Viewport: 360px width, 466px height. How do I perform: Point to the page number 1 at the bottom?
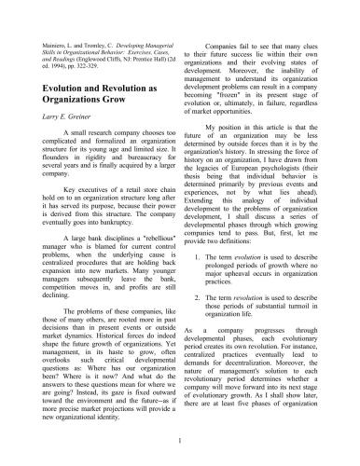point(179,438)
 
